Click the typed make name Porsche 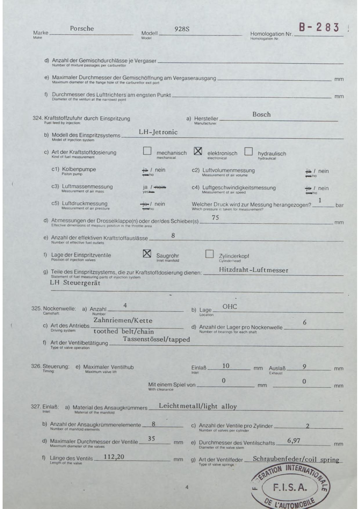[x=82, y=28]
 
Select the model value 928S [x=182, y=29]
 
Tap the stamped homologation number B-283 [x=319, y=27]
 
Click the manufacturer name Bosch [x=261, y=114]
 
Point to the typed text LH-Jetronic [x=158, y=132]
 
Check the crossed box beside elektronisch [x=198, y=151]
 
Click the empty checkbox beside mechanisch [x=147, y=151]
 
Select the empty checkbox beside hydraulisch [x=248, y=151]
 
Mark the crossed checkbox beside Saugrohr [x=147, y=254]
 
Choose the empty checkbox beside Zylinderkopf [x=209, y=254]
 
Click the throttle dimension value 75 [x=215, y=218]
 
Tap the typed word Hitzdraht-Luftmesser [x=254, y=270]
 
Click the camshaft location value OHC [x=229, y=306]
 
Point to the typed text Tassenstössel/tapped [x=156, y=339]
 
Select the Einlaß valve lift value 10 [x=226, y=366]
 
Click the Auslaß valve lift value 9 [x=304, y=367]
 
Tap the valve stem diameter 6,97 [x=294, y=441]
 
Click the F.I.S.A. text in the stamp [x=290, y=488]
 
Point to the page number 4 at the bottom [x=187, y=487]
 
